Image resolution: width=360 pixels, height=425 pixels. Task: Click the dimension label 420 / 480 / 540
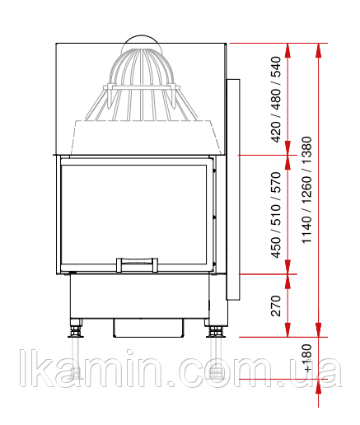(x=276, y=100)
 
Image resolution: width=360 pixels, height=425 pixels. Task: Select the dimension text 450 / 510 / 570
(x=276, y=215)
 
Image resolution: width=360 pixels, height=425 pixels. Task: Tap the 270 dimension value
(x=276, y=306)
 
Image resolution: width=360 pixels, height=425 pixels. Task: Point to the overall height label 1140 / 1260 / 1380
(x=306, y=189)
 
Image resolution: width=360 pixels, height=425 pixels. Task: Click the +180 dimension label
(x=307, y=358)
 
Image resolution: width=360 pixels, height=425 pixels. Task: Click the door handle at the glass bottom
(x=137, y=264)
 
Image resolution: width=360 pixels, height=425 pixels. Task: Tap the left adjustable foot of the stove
(x=76, y=328)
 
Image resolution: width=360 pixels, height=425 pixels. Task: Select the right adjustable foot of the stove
(x=216, y=328)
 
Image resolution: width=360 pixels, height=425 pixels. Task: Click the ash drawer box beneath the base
(x=148, y=328)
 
